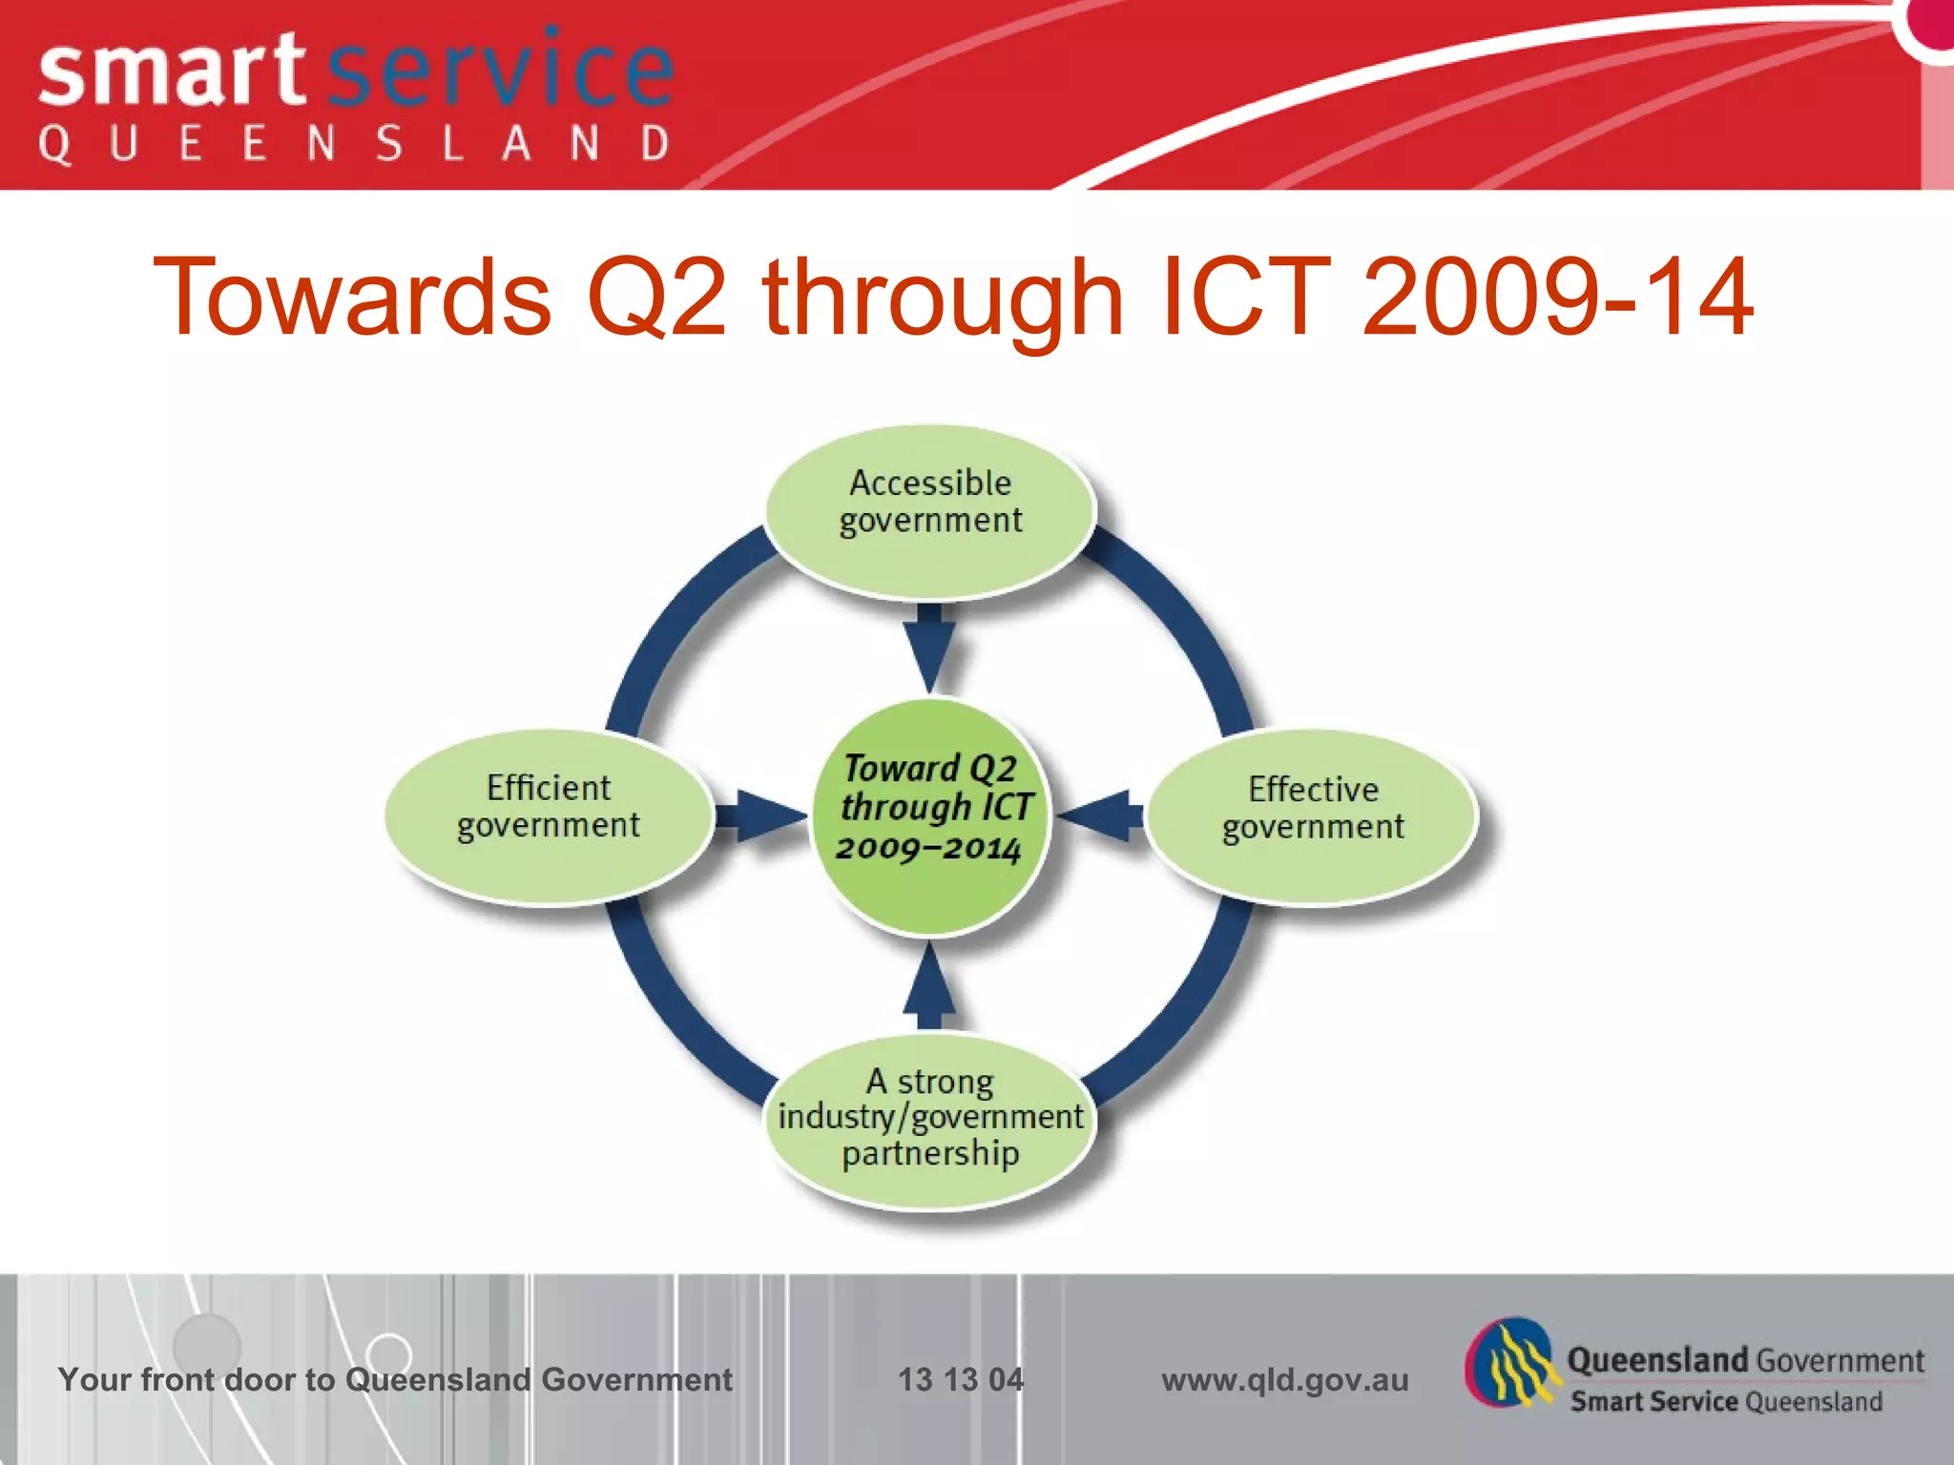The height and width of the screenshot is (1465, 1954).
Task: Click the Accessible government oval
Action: point(930,510)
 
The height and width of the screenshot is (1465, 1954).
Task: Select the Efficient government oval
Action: point(549,815)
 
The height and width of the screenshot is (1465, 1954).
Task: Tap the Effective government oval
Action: point(1312,815)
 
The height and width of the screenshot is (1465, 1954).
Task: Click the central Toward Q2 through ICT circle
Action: point(930,815)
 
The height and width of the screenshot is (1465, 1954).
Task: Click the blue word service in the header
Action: point(501,72)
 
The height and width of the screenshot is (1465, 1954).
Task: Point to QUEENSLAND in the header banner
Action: point(353,145)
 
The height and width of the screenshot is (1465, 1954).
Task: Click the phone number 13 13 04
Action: point(960,1379)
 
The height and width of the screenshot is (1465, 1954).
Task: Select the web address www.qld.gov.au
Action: point(1284,1379)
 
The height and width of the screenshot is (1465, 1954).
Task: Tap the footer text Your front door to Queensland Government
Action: point(395,1379)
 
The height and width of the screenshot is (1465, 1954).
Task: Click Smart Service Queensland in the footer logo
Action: point(1726,1401)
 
